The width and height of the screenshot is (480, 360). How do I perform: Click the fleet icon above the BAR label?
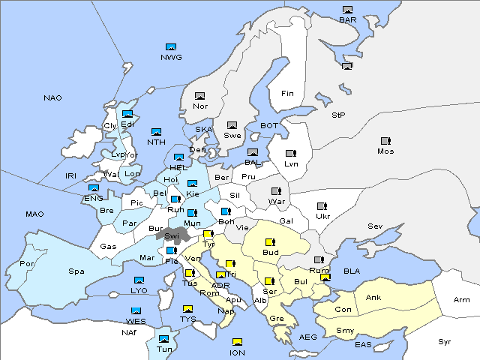click(347, 10)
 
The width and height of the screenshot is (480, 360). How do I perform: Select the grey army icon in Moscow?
click(385, 141)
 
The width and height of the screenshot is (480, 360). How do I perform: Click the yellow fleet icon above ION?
click(237, 342)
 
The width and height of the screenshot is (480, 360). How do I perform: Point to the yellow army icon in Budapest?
click(271, 242)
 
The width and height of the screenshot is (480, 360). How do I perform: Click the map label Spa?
click(76, 271)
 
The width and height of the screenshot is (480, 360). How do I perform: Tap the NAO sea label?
click(53, 98)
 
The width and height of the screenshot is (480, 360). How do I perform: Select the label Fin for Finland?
click(287, 94)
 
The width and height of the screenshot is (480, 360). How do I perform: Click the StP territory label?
click(338, 115)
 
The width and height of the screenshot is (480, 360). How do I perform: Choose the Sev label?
click(375, 226)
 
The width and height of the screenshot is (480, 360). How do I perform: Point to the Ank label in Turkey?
click(373, 298)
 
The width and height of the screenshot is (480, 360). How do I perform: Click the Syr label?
click(445, 341)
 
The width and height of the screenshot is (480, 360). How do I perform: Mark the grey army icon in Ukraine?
click(322, 206)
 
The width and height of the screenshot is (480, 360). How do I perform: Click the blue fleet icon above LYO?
click(139, 280)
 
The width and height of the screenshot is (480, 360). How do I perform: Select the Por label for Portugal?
click(27, 264)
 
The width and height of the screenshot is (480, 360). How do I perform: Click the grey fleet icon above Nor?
click(200, 96)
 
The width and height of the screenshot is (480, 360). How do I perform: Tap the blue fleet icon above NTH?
click(156, 132)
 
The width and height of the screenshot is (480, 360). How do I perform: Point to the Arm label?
click(462, 299)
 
